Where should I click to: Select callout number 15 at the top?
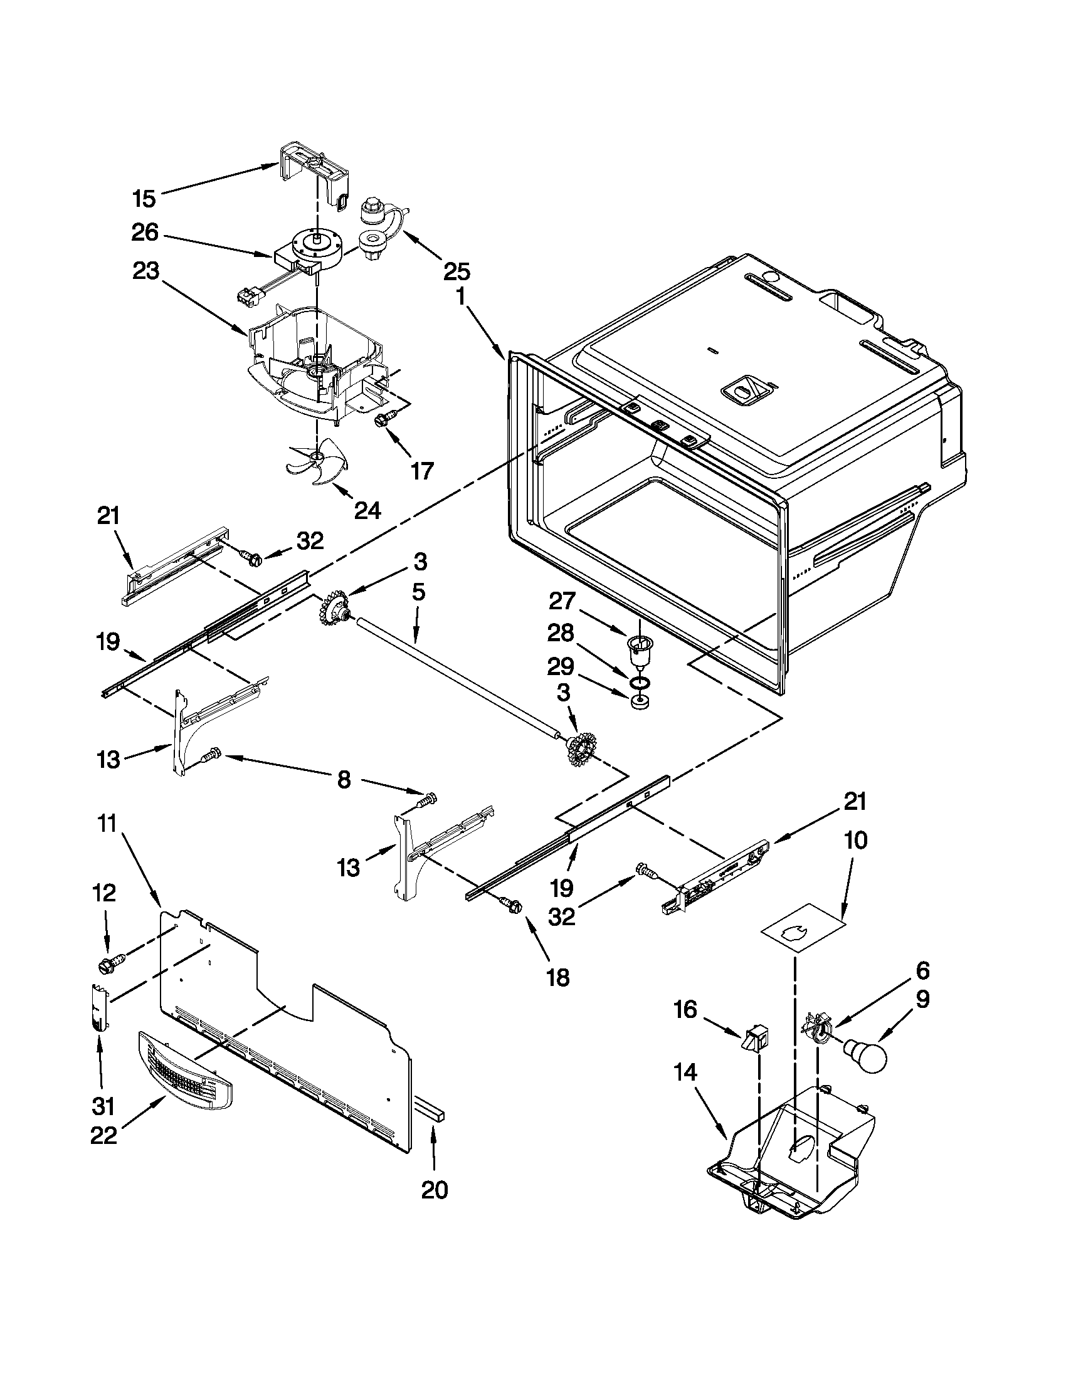click(x=145, y=199)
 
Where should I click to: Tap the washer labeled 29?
click(x=640, y=702)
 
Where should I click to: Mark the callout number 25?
click(x=456, y=272)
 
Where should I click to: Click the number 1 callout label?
click(x=462, y=295)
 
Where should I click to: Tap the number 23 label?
click(x=146, y=271)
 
